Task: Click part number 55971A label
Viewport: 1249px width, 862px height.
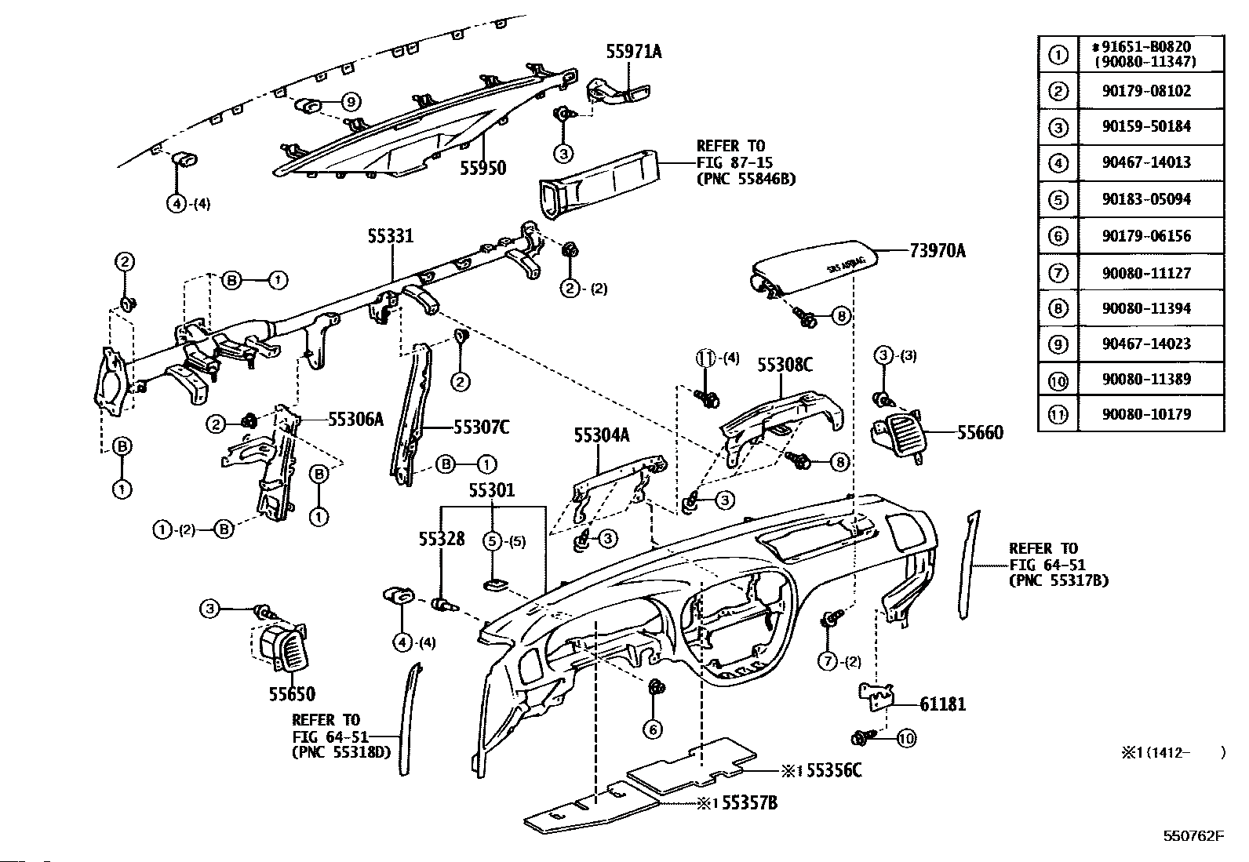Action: [633, 52]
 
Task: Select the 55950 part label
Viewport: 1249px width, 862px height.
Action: [482, 168]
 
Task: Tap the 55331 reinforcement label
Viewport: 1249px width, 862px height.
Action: [391, 236]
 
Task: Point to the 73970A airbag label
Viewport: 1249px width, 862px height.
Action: [938, 251]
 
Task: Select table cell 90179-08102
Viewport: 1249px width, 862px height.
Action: [1146, 91]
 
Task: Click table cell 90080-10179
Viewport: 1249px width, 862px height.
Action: [1146, 414]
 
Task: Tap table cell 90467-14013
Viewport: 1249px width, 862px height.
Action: [1146, 162]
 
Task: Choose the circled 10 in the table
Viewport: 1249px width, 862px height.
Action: [1058, 381]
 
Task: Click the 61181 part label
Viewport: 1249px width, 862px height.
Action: [942, 704]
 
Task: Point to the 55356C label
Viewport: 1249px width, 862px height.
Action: [834, 770]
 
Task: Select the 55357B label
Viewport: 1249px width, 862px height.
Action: [749, 803]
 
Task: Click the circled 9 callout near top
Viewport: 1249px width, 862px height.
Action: [350, 101]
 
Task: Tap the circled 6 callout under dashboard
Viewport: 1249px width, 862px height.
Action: [653, 729]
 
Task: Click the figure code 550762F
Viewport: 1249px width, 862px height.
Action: [1193, 836]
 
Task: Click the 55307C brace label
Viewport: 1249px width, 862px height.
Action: [481, 427]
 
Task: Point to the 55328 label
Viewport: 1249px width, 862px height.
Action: [442, 539]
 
